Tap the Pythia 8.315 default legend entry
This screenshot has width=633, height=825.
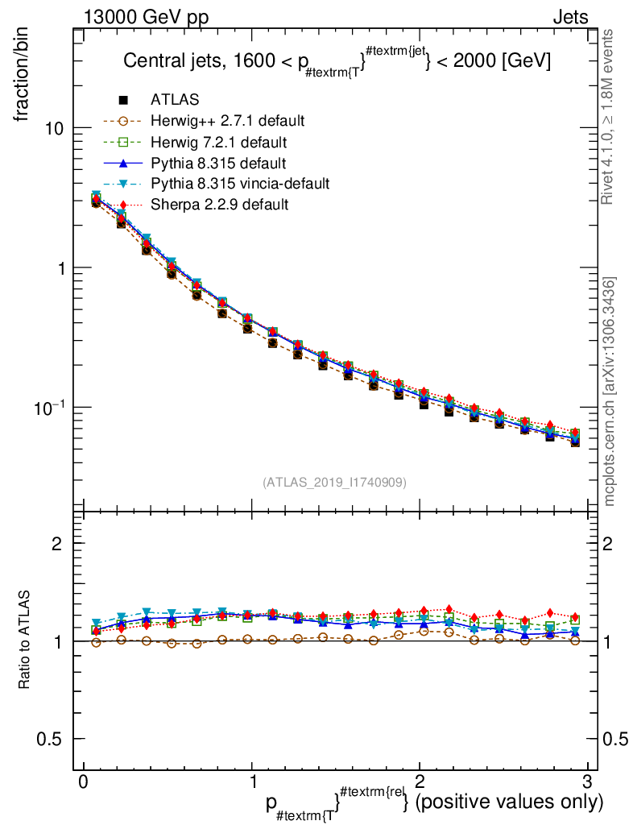point(217,163)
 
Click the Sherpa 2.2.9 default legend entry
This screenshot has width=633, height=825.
point(219,205)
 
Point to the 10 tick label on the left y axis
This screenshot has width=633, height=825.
point(55,129)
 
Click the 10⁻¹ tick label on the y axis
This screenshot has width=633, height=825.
point(49,406)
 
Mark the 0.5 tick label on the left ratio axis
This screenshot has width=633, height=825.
point(51,739)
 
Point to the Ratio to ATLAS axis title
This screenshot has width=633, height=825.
point(25,641)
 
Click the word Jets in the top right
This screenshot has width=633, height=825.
point(570,16)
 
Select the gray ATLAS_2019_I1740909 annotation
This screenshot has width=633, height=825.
point(334,483)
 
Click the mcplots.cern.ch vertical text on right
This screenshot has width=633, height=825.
point(610,392)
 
